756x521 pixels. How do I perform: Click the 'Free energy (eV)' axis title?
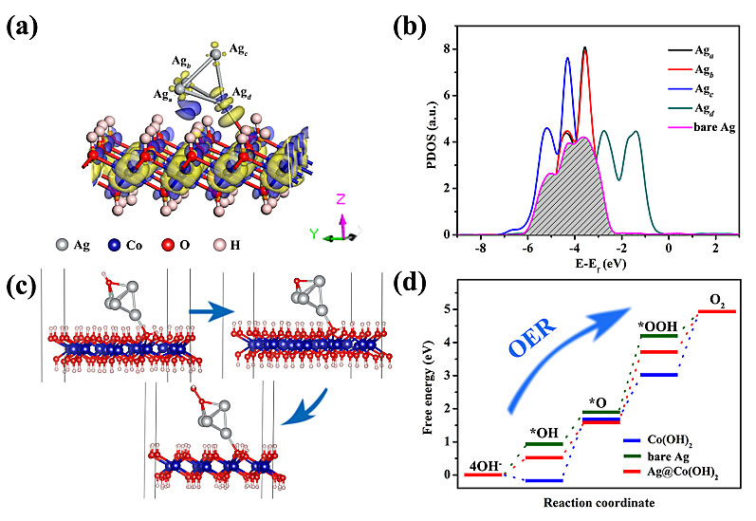click(420, 389)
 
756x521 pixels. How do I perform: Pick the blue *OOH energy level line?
click(658, 375)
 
